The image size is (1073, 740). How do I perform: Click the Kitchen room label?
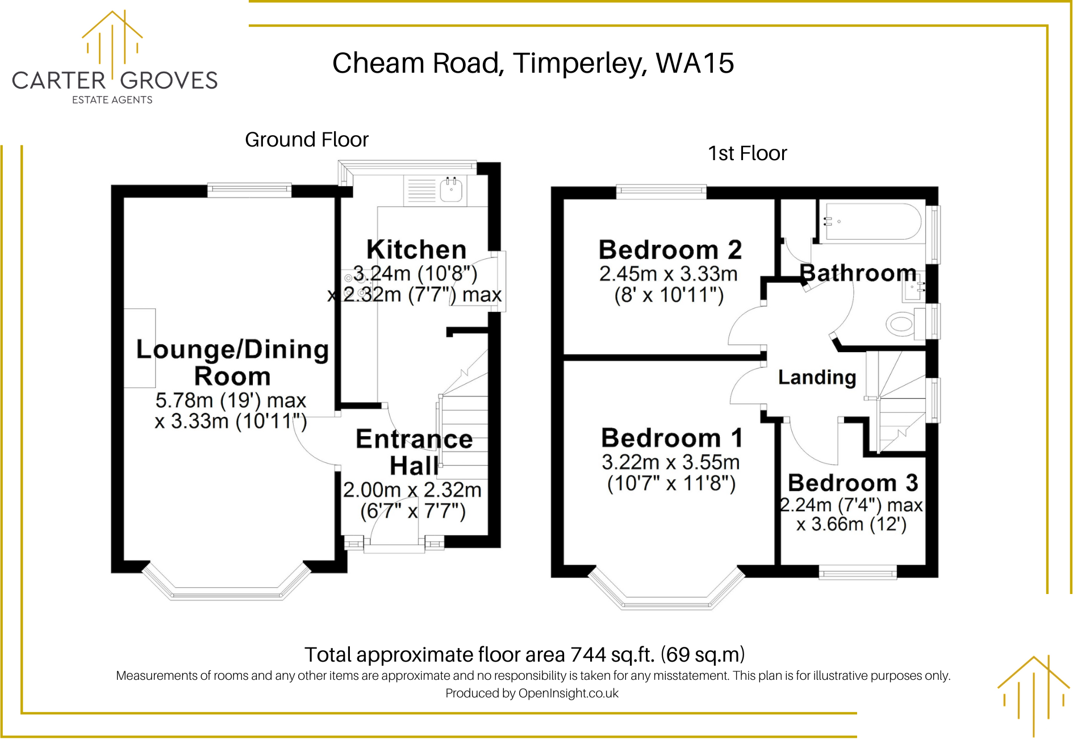(416, 249)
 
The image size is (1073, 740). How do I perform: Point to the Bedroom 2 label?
(670, 250)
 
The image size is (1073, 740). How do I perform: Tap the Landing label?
(817, 377)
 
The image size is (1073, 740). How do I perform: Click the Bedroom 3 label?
(853, 483)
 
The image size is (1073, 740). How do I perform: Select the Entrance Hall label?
(414, 452)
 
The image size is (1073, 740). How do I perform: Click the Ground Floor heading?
(307, 140)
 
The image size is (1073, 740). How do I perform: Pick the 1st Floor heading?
(748, 153)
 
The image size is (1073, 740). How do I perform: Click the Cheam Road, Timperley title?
(533, 63)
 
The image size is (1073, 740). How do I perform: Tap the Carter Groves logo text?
(115, 81)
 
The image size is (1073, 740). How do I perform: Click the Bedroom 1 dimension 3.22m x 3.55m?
(671, 462)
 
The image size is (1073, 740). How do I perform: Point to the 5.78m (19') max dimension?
(231, 400)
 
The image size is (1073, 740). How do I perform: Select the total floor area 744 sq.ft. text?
(524, 655)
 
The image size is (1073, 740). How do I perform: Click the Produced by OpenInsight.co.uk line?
(532, 693)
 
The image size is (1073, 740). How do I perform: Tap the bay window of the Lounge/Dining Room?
(227, 584)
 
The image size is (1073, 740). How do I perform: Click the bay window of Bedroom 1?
(666, 591)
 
